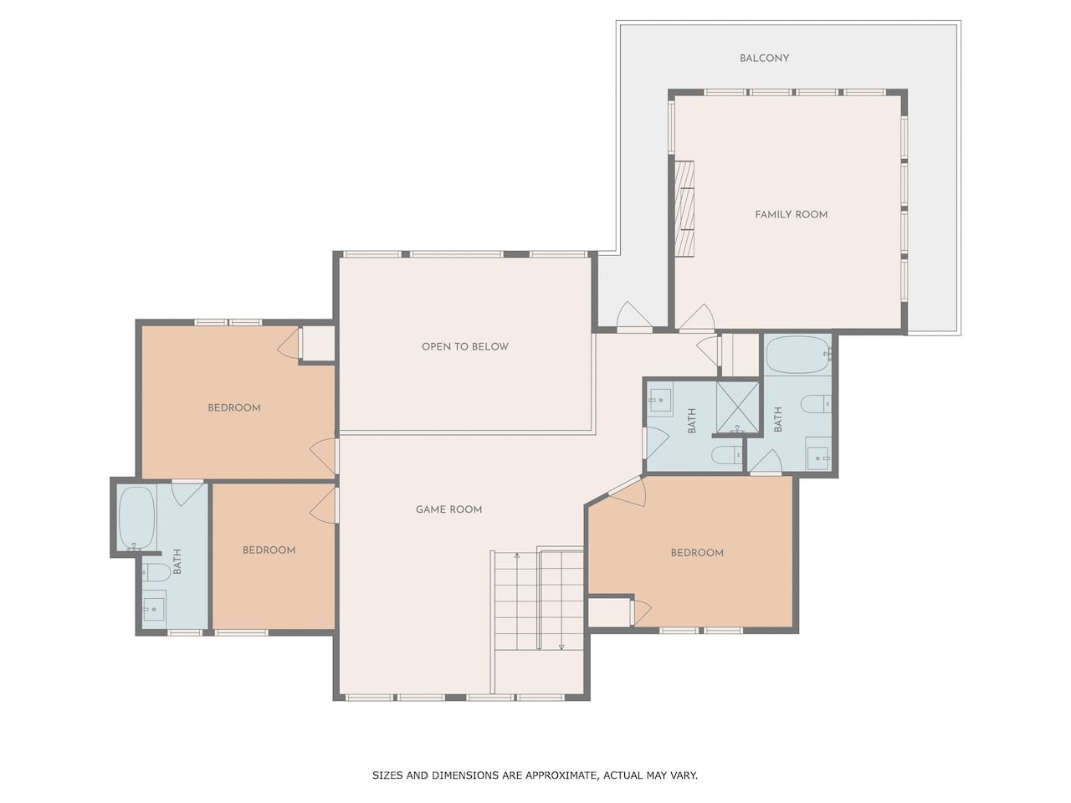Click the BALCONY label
[x=764, y=58]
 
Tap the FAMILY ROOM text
[x=791, y=214]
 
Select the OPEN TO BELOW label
[x=464, y=346]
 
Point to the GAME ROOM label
[x=448, y=509]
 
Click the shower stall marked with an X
[x=737, y=407]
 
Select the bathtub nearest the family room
[x=797, y=355]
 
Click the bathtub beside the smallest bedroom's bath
[x=137, y=518]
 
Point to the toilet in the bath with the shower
[x=726, y=455]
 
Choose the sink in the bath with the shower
[x=660, y=400]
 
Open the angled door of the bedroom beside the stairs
[x=627, y=491]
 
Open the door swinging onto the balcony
[x=634, y=317]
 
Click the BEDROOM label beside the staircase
[x=697, y=552]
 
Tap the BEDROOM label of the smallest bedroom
[x=269, y=550]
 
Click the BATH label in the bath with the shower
[x=691, y=420]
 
